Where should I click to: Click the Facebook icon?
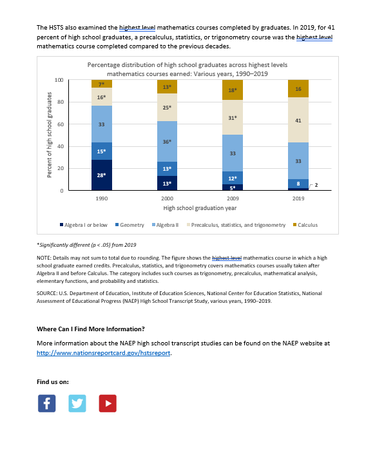[46, 403]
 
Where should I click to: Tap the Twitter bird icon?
[77, 403]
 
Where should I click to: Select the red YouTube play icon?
[108, 403]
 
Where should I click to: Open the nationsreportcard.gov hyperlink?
[103, 352]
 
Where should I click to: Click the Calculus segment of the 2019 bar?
[298, 88]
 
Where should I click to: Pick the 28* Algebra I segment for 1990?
[102, 175]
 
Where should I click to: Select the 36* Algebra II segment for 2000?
[167, 141]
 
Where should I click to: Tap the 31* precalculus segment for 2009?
[233, 117]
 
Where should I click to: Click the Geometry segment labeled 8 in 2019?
[298, 184]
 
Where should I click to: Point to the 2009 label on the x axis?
[233, 198]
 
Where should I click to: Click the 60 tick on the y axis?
[61, 124]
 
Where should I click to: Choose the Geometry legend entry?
[130, 225]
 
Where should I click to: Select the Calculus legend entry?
[305, 225]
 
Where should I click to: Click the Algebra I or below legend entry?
[84, 225]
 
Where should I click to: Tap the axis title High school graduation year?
[200, 208]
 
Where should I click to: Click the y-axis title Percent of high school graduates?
[49, 135]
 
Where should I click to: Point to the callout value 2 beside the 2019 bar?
[316, 185]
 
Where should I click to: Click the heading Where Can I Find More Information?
[91, 329]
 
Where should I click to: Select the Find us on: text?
[53, 382]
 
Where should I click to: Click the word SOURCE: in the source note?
[47, 293]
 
